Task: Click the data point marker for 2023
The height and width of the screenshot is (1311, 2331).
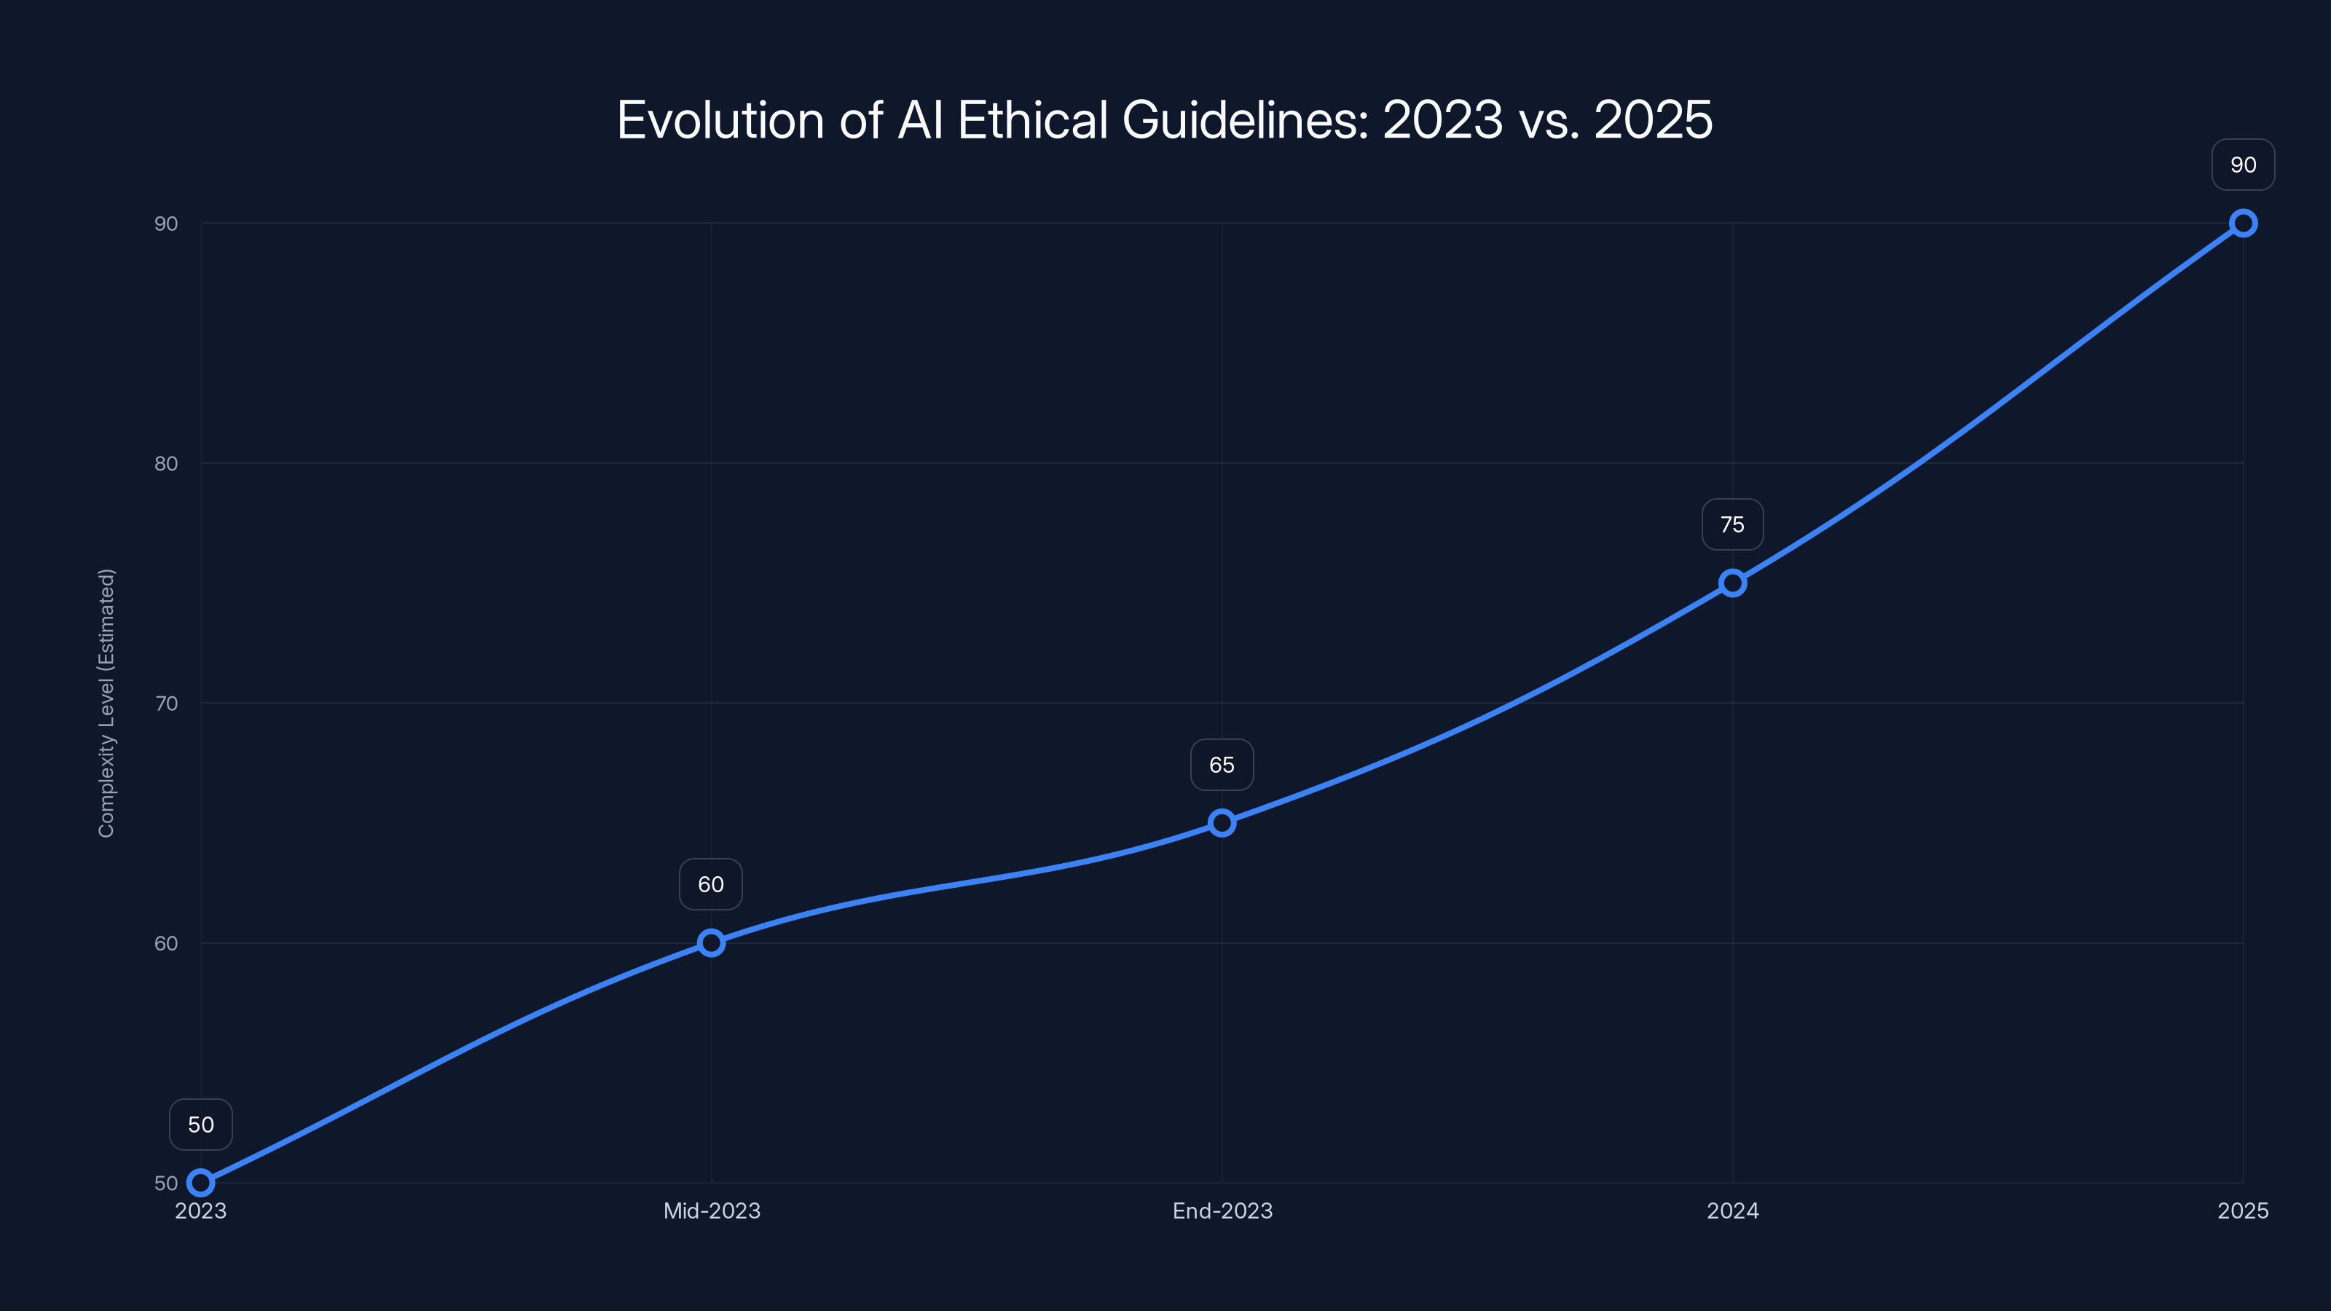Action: pyautogui.click(x=200, y=1183)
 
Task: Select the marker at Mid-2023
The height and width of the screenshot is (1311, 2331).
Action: pyautogui.click(x=711, y=942)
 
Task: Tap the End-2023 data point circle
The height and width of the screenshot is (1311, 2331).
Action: pyautogui.click(x=1222, y=822)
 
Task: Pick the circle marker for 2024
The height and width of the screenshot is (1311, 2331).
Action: pyautogui.click(x=1732, y=583)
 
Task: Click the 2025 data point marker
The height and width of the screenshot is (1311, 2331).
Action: pyautogui.click(x=2242, y=224)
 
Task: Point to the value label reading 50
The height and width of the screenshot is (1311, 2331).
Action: pyautogui.click(x=201, y=1125)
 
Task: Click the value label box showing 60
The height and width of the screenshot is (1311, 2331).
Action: pyautogui.click(x=710, y=884)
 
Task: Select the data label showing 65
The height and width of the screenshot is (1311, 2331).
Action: pyautogui.click(x=1222, y=765)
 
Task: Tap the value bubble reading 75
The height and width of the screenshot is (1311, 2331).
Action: pyautogui.click(x=1732, y=524)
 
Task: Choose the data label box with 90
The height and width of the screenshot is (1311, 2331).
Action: pyautogui.click(x=2242, y=165)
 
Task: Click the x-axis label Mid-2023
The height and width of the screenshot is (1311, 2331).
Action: pyautogui.click(x=711, y=1210)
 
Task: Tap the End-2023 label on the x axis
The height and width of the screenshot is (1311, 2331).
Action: pyautogui.click(x=1222, y=1210)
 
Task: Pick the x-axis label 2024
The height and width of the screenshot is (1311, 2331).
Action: pyautogui.click(x=1732, y=1210)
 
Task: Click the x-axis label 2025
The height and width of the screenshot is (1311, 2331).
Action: pyautogui.click(x=2242, y=1210)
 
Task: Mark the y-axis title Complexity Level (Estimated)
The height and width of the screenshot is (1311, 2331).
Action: pyautogui.click(x=107, y=703)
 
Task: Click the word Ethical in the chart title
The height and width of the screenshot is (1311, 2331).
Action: pyautogui.click(x=1032, y=119)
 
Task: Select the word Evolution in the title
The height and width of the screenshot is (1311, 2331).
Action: pyautogui.click(x=720, y=119)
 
